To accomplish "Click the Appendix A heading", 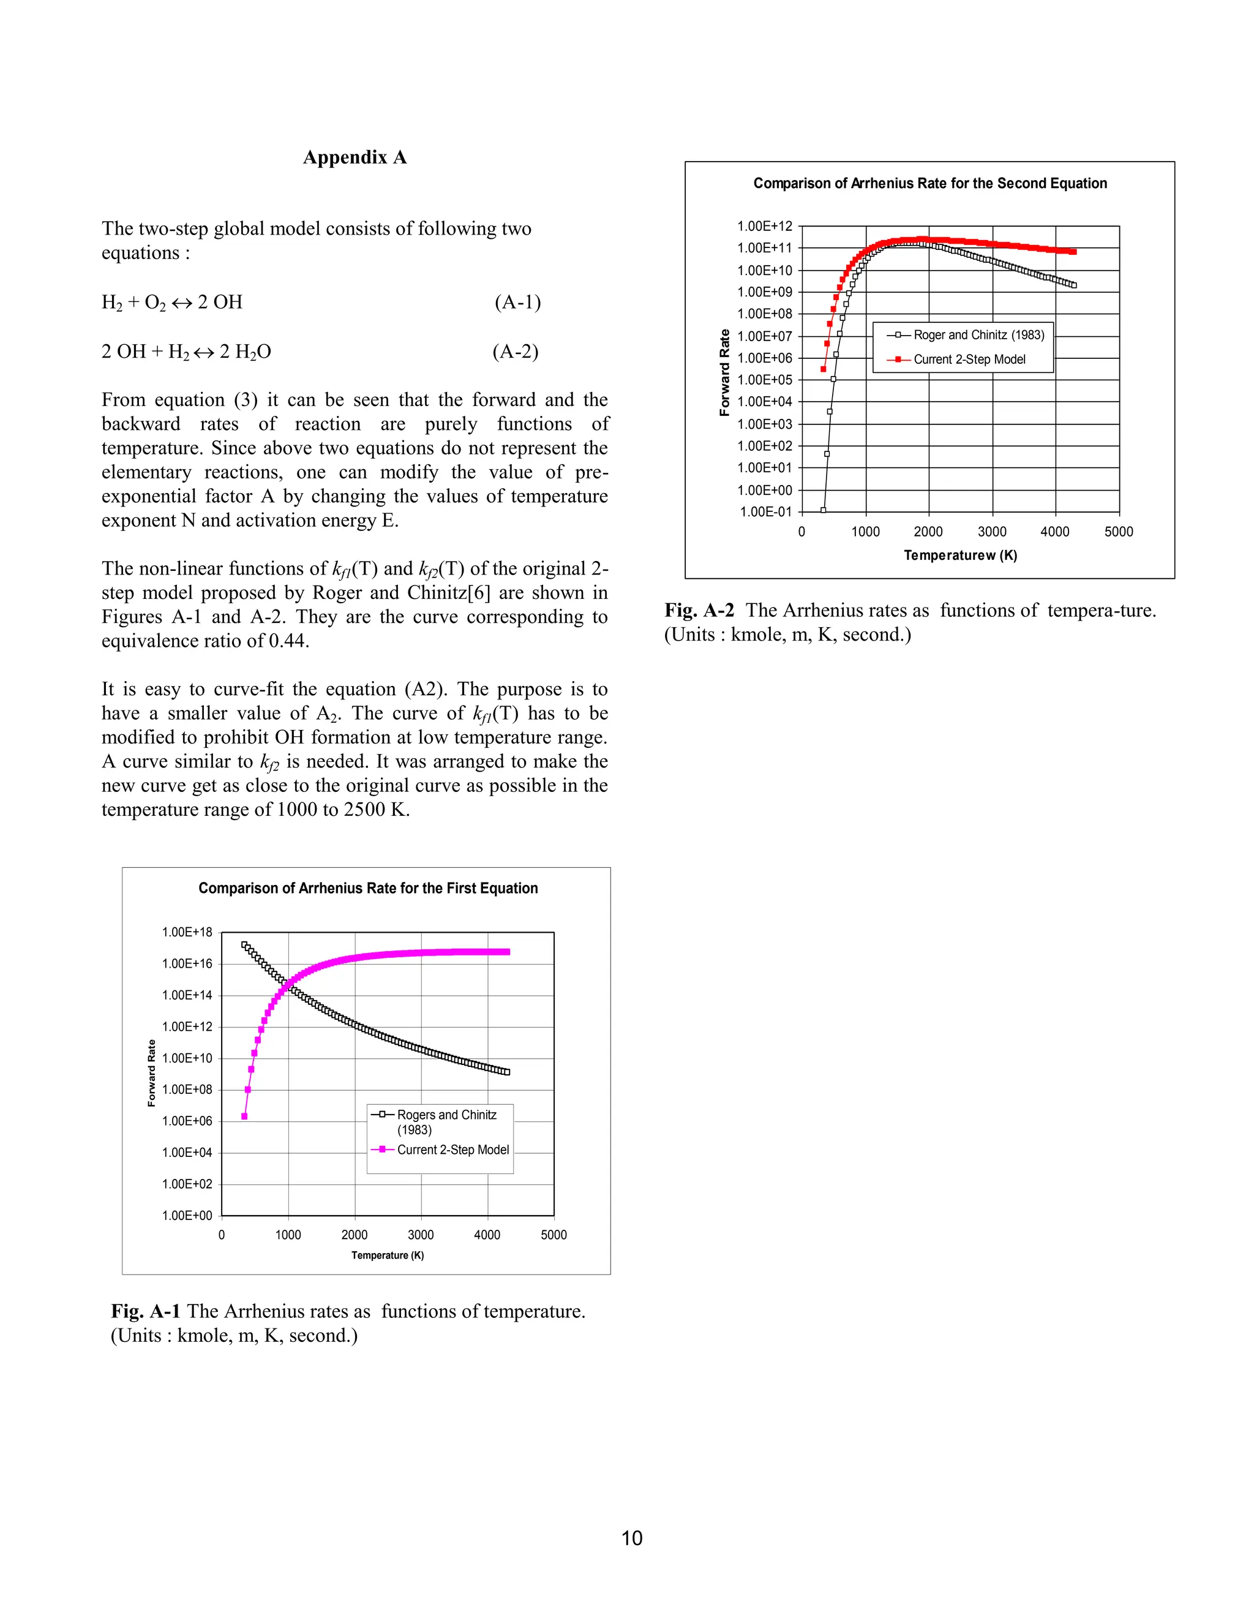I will pyautogui.click(x=355, y=157).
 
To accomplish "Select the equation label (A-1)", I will pyautogui.click(x=518, y=303).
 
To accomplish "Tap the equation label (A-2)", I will pyautogui.click(x=516, y=352).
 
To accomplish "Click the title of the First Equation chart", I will pyautogui.click(x=368, y=888).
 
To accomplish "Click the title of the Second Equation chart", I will pyautogui.click(x=930, y=184).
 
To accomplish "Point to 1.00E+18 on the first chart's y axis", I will pyautogui.click(x=187, y=933).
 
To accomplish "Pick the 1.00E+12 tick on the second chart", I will pyautogui.click(x=764, y=227).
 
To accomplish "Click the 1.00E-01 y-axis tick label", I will pyautogui.click(x=766, y=512).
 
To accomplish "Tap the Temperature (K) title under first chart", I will pyautogui.click(x=387, y=1255).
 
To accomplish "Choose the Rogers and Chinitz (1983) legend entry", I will pyautogui.click(x=446, y=1121).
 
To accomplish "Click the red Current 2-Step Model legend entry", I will pyautogui.click(x=969, y=360).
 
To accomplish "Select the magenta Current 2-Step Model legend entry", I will pyautogui.click(x=452, y=1150).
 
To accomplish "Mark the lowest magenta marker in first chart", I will pyautogui.click(x=244, y=1116).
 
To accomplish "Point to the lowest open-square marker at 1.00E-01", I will pyautogui.click(x=823, y=511).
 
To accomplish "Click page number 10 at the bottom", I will pyautogui.click(x=631, y=1538).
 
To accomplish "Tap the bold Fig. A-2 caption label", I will pyautogui.click(x=699, y=611).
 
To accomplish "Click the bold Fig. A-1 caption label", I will pyautogui.click(x=146, y=1312).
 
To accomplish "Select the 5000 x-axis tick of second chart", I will pyautogui.click(x=1118, y=532).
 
